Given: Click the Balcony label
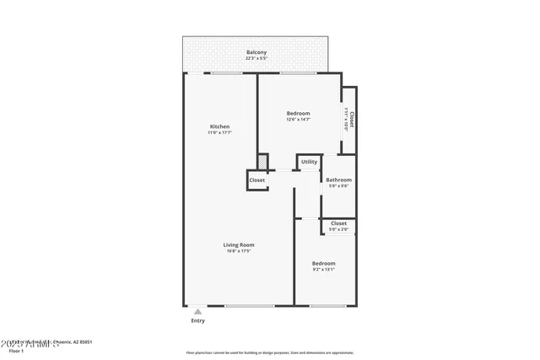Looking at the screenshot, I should tap(256, 53).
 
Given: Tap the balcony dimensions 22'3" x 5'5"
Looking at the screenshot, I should tap(256, 59).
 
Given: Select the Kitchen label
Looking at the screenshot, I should tap(219, 126).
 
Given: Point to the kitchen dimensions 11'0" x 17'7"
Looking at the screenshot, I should tap(219, 132).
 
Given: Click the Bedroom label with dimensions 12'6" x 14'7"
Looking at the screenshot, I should tap(298, 114).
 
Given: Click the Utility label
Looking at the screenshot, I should tap(309, 162).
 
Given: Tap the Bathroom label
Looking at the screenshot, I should tap(338, 180).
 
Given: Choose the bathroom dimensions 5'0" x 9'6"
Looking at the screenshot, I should tap(338, 185).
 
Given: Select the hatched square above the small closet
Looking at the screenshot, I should tap(262, 160).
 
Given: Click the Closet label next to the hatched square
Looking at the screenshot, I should tap(256, 180).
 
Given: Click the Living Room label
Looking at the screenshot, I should tap(240, 244).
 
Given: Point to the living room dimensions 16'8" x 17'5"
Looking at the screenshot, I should tap(240, 250).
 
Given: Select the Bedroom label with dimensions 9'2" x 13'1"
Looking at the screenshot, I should tap(323, 263).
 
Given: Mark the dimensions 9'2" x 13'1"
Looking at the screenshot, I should tap(323, 270).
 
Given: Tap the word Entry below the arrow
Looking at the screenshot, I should tap(197, 320).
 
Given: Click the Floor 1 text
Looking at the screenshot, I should tap(16, 350).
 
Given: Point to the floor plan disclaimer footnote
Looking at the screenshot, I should tap(270, 353).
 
